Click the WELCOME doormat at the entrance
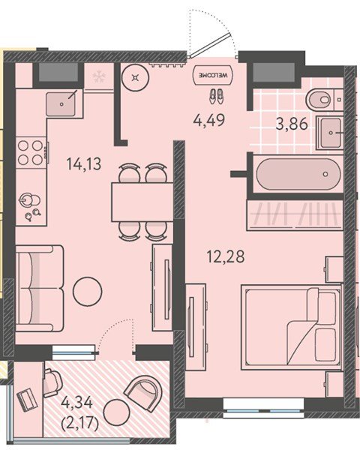(214, 75)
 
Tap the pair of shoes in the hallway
(216, 97)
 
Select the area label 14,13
(84, 164)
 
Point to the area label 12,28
(226, 256)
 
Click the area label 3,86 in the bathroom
(292, 124)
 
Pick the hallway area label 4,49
(209, 120)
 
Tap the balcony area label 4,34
(77, 403)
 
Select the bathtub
(298, 174)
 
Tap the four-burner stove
(31, 153)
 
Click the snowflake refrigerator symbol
(99, 76)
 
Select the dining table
(142, 202)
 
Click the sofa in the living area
(40, 289)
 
